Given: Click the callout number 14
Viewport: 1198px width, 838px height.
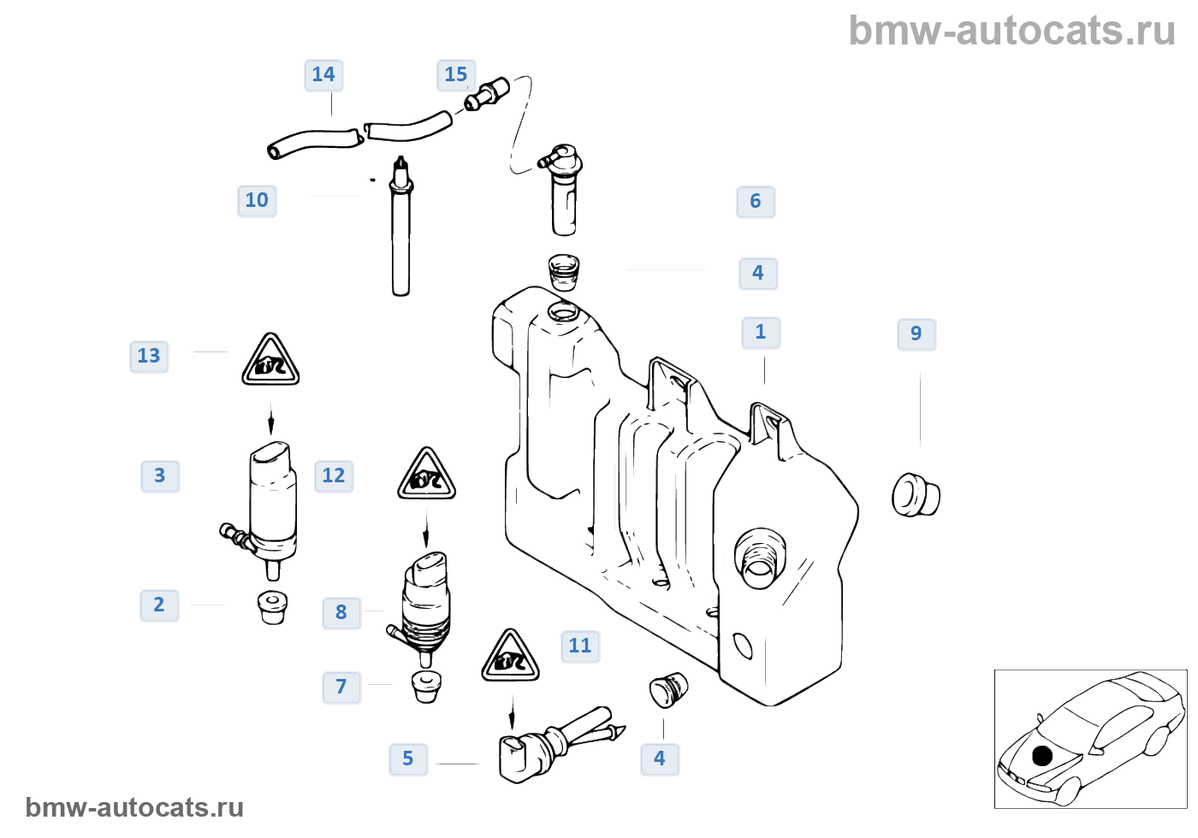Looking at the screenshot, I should [x=323, y=75].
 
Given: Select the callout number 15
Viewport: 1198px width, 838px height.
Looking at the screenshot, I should [x=456, y=75].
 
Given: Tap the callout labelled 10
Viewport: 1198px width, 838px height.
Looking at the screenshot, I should [x=257, y=201].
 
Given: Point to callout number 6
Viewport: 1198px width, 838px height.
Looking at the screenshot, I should [x=756, y=202].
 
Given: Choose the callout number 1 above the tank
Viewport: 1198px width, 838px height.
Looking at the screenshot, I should [x=761, y=333].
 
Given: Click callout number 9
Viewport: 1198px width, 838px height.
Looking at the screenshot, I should [x=916, y=334].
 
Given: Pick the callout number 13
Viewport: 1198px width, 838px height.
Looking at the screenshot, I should [x=149, y=357].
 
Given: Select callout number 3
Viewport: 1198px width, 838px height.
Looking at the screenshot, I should [x=160, y=476].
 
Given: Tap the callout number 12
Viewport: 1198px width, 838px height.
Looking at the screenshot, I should [x=334, y=476].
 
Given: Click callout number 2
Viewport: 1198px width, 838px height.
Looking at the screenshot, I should [x=159, y=605].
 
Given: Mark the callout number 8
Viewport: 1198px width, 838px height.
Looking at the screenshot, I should [x=341, y=613].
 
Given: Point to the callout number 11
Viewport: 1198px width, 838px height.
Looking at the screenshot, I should [x=580, y=646].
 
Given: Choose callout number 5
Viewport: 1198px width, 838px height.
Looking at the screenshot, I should [x=408, y=759].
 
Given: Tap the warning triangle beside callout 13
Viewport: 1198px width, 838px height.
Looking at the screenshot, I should [x=270, y=361].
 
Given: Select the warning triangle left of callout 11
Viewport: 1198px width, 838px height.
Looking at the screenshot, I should [x=510, y=657].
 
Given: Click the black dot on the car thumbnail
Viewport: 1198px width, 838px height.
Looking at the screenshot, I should [x=1041, y=756].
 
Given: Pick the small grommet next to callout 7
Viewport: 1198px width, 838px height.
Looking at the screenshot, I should [x=426, y=686].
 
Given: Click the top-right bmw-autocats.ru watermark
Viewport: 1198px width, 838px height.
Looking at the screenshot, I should [x=1011, y=31].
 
